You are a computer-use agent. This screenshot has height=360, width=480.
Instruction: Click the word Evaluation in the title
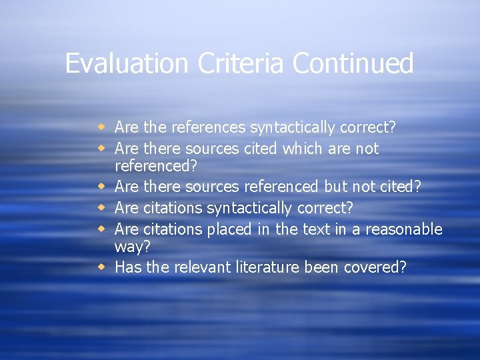[127, 64]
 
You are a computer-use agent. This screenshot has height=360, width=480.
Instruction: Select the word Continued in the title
[353, 64]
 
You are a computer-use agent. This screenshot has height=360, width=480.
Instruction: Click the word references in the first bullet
[202, 127]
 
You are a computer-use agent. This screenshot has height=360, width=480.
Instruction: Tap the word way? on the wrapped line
[132, 247]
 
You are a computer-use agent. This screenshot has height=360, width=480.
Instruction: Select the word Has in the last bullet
[126, 267]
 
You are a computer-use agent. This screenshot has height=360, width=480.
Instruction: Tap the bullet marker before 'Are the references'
[101, 126]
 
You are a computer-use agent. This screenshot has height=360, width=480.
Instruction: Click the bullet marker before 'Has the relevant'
[101, 267]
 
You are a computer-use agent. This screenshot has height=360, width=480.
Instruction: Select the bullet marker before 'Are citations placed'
[101, 229]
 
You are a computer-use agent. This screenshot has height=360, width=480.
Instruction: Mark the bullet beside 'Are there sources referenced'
[101, 187]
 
